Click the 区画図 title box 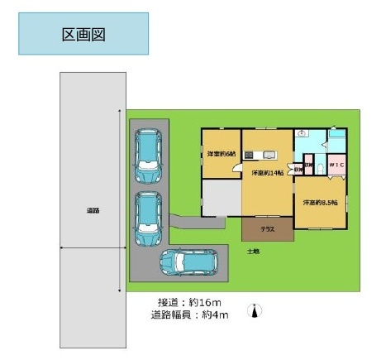pyautogui.click(x=83, y=35)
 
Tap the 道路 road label pyautogui.click(x=93, y=210)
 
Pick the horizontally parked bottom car pyautogui.click(x=189, y=263)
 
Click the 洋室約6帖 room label pyautogui.click(x=221, y=154)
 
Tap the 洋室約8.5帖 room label pyautogui.click(x=319, y=202)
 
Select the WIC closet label pyautogui.click(x=336, y=166)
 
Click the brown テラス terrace pyautogui.click(x=266, y=227)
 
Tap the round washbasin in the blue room pyautogui.click(x=303, y=132)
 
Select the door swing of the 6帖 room pyautogui.click(x=236, y=168)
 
